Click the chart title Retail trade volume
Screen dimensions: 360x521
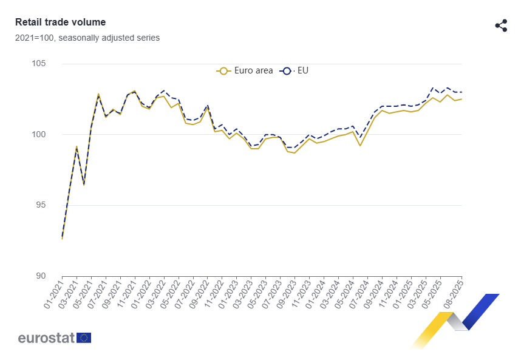pyautogui.click(x=60, y=22)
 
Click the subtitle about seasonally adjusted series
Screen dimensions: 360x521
pyautogui.click(x=87, y=38)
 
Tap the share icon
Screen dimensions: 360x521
pyautogui.click(x=501, y=25)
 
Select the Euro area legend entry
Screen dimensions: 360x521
pyautogui.click(x=245, y=71)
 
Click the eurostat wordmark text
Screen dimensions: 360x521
pyautogui.click(x=46, y=338)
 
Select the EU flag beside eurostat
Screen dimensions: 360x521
pyautogui.click(x=84, y=338)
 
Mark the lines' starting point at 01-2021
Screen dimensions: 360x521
pyautogui.click(x=62, y=238)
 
